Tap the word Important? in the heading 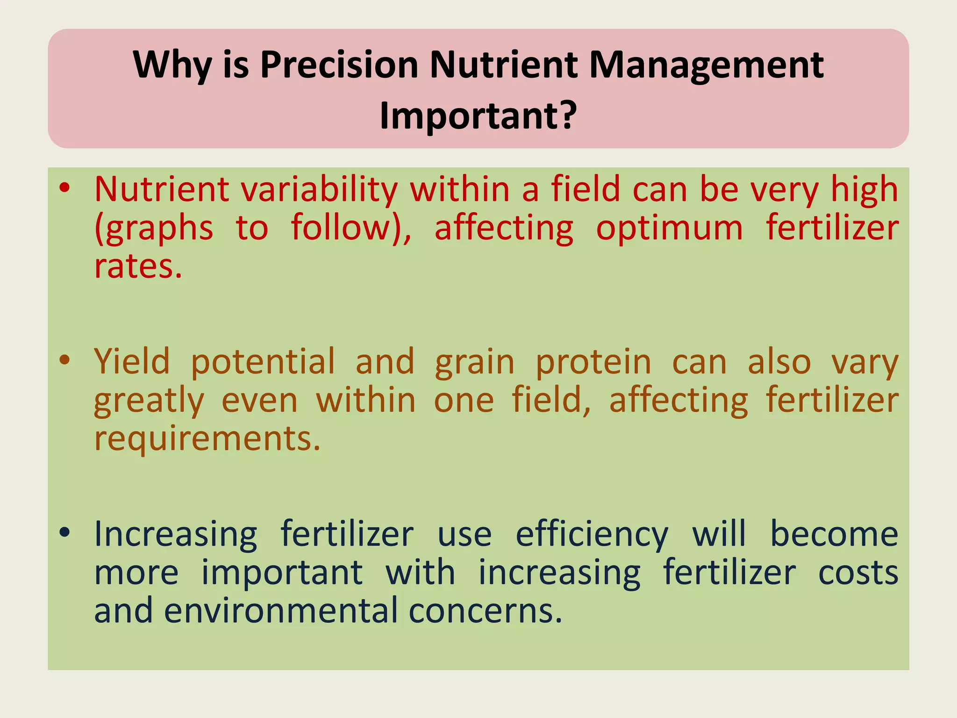point(478,115)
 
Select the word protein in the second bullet point(593,362)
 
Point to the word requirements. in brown point(207,439)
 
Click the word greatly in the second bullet point(149,401)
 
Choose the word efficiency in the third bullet point(592,534)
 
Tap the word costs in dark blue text point(858,573)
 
